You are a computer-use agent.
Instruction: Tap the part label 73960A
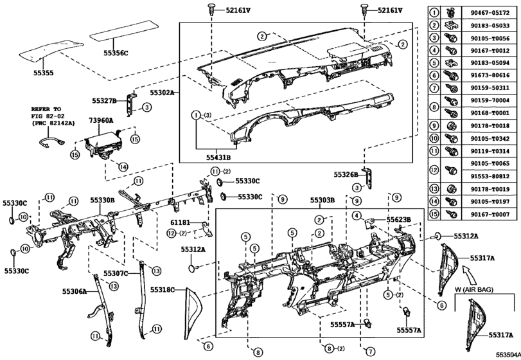101,120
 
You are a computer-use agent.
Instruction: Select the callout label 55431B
218,156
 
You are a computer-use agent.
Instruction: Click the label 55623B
398,219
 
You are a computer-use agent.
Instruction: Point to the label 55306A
74,291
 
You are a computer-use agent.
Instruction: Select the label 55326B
346,174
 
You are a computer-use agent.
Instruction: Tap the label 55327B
104,101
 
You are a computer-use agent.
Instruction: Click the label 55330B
102,201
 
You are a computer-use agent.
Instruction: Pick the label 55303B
323,201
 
